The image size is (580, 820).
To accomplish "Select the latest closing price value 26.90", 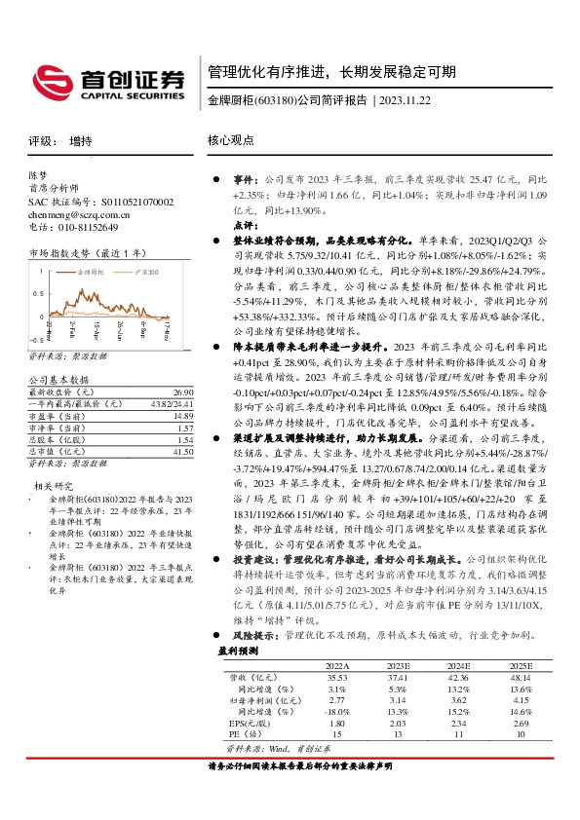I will tap(183, 391).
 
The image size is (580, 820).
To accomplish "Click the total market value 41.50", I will tap(183, 451).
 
